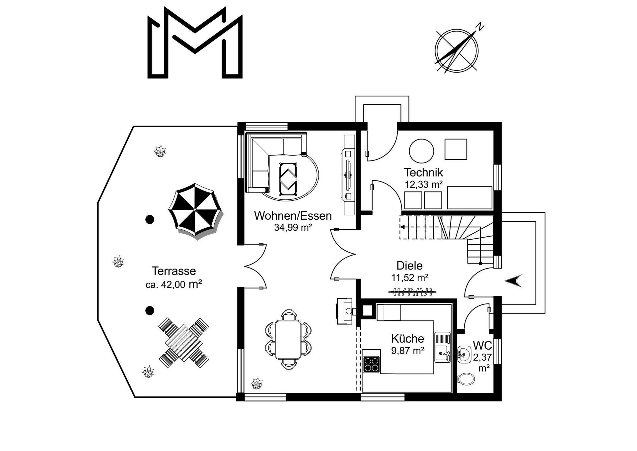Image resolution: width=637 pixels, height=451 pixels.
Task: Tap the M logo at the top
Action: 195,42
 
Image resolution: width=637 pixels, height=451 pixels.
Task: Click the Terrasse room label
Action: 174,271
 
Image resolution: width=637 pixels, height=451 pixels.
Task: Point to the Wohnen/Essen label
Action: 293,216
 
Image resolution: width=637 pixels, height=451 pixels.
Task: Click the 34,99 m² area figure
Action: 293,228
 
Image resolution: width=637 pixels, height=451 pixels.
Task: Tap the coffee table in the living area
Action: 288,179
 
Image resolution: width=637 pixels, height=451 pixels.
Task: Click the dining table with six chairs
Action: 288,339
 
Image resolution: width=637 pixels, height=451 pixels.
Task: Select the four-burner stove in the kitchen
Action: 372,364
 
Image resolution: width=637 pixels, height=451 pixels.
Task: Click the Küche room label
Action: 408,339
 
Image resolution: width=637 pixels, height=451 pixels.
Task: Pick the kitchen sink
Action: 443,347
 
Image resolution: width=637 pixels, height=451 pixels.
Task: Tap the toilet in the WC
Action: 466,379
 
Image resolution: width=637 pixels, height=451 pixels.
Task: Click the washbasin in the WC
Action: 464,355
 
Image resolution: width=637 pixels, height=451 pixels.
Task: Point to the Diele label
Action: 410,266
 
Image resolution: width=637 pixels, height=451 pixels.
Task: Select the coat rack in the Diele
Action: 412,292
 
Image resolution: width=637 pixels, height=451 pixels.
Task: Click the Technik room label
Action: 423,172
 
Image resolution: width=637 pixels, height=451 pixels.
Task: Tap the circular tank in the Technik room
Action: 421,151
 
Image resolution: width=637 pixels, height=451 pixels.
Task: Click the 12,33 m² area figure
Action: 424,184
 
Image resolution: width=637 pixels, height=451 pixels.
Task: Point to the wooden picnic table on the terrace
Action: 184,343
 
